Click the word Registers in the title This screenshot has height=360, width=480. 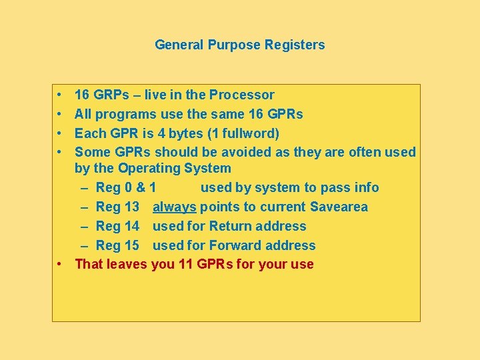(295, 45)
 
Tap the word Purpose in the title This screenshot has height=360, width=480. (235, 45)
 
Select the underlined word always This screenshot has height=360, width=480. (174, 207)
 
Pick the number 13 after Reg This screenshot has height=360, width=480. (131, 207)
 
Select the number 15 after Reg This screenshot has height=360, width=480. (131, 245)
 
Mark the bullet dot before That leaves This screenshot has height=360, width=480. (60, 264)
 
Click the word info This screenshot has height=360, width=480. (365, 187)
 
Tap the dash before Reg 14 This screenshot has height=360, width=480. (87, 226)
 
